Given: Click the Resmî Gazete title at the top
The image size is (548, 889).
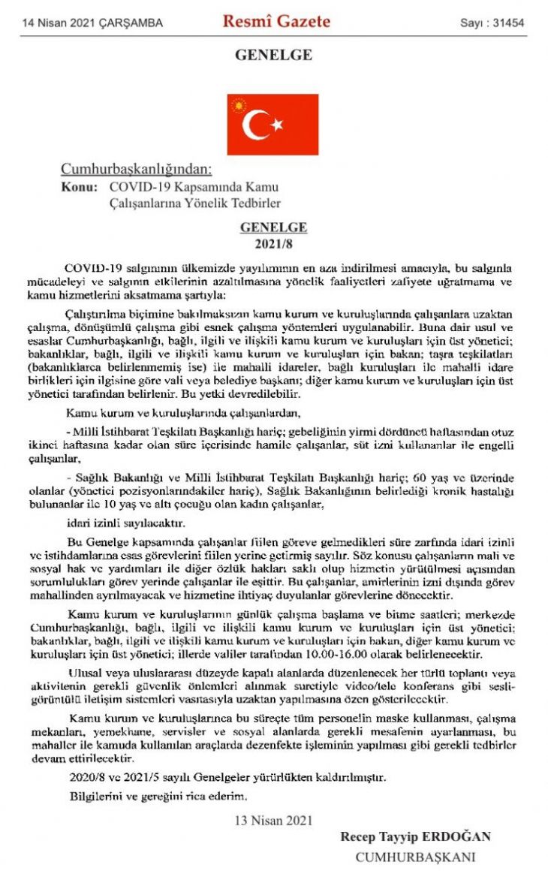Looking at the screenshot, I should [x=276, y=22].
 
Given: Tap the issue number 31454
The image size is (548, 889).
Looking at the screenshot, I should [x=510, y=23].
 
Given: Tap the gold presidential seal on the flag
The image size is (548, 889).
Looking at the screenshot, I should [x=241, y=107].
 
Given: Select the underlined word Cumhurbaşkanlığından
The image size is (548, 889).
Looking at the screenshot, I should [x=136, y=169].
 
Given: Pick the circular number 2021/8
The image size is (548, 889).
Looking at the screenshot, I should [x=273, y=243].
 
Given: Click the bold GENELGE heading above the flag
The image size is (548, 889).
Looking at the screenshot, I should [x=273, y=55].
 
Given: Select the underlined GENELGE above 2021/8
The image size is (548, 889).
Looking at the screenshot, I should [x=273, y=228].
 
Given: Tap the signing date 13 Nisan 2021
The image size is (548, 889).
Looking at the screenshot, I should [x=273, y=820].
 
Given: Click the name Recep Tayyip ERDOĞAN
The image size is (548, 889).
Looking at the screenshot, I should [x=415, y=836].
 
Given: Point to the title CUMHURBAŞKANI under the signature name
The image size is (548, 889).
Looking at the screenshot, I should [x=415, y=857].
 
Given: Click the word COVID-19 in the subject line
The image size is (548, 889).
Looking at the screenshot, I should [x=137, y=187].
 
